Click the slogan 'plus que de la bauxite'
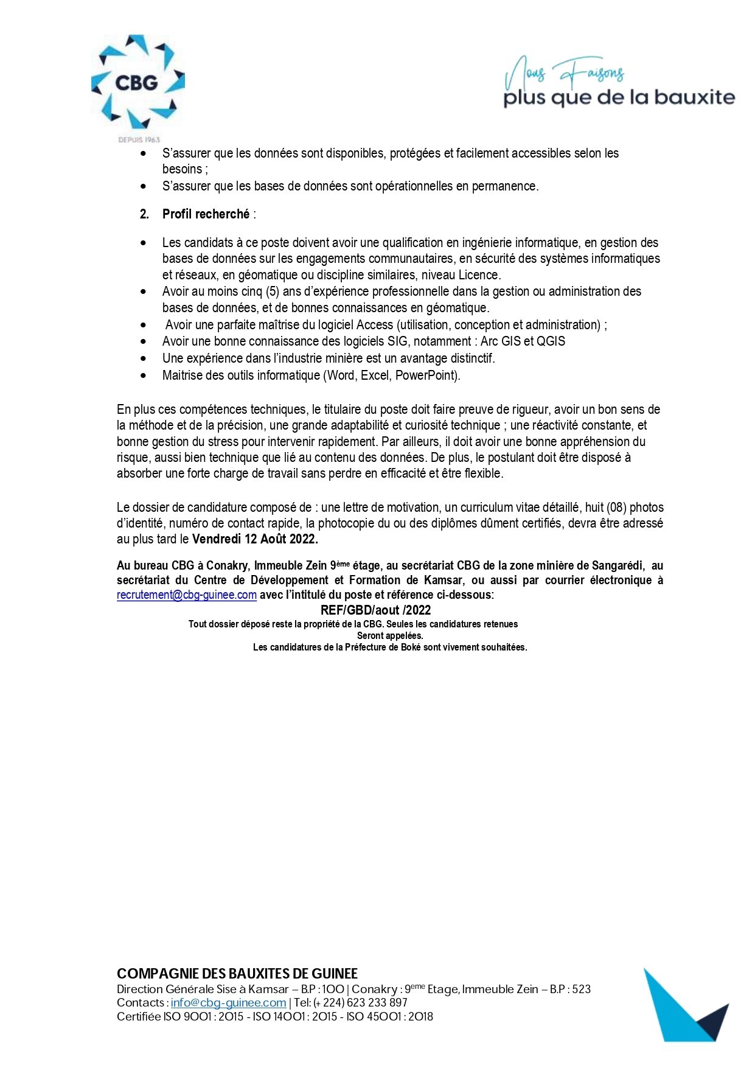coord(619,97)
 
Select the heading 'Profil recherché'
coord(206,214)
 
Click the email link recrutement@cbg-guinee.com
coord(187,595)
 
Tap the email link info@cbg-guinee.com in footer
coord(228,1002)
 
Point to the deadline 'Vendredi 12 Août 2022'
coord(255,539)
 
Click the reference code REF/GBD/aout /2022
coord(375,610)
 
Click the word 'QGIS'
coord(551,341)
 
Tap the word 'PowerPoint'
coord(426,375)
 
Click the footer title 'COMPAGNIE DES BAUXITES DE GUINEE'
coord(237,974)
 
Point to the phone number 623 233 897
coord(377,1002)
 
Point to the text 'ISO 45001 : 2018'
coord(390,1016)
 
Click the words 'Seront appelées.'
coord(390,636)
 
